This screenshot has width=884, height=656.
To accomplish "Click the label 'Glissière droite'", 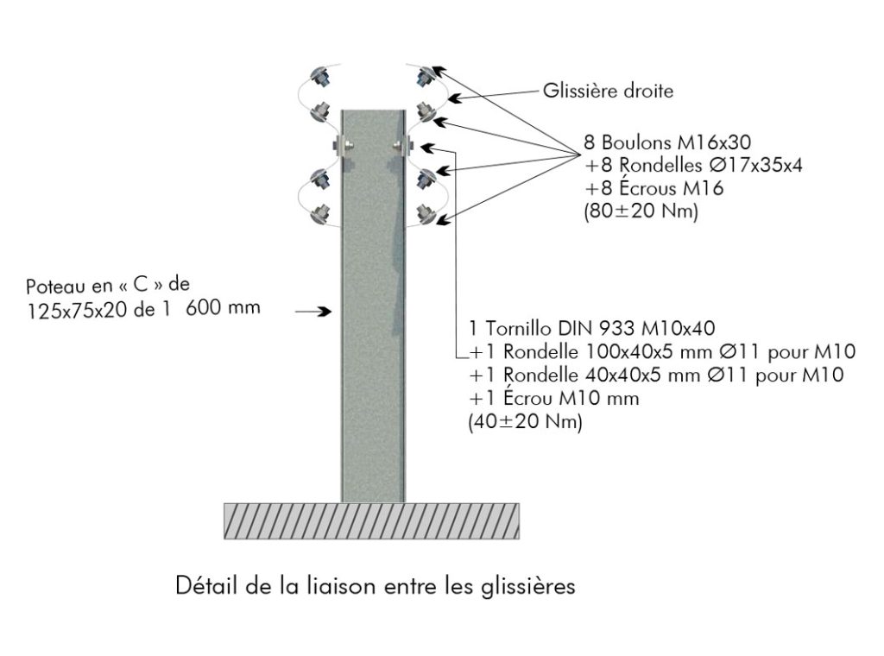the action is coord(608,91).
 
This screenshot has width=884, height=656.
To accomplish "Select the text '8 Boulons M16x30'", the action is coord(667,142).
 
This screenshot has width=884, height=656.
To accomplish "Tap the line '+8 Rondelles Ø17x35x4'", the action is coord(693,165).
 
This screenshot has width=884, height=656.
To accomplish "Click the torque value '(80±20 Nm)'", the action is coord(641,211).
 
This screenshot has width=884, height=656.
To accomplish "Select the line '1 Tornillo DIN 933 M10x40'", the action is coord(592,328).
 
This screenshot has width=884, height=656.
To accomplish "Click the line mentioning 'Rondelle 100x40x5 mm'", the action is coord(662,351).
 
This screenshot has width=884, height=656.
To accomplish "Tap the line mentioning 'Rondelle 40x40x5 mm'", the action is coord(656,375).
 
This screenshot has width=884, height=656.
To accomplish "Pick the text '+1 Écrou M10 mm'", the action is coord(554,399).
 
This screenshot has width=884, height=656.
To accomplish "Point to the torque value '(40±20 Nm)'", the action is coord(526,421).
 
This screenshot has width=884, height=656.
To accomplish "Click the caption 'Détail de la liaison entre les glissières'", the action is coord(376,586).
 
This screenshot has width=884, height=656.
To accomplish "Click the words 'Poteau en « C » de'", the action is coord(108,285).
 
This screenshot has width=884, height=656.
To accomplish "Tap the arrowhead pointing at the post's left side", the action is coord(325,311).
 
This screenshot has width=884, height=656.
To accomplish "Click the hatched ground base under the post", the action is coord(371,520).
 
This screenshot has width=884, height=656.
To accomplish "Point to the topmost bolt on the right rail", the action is coord(425,75).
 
